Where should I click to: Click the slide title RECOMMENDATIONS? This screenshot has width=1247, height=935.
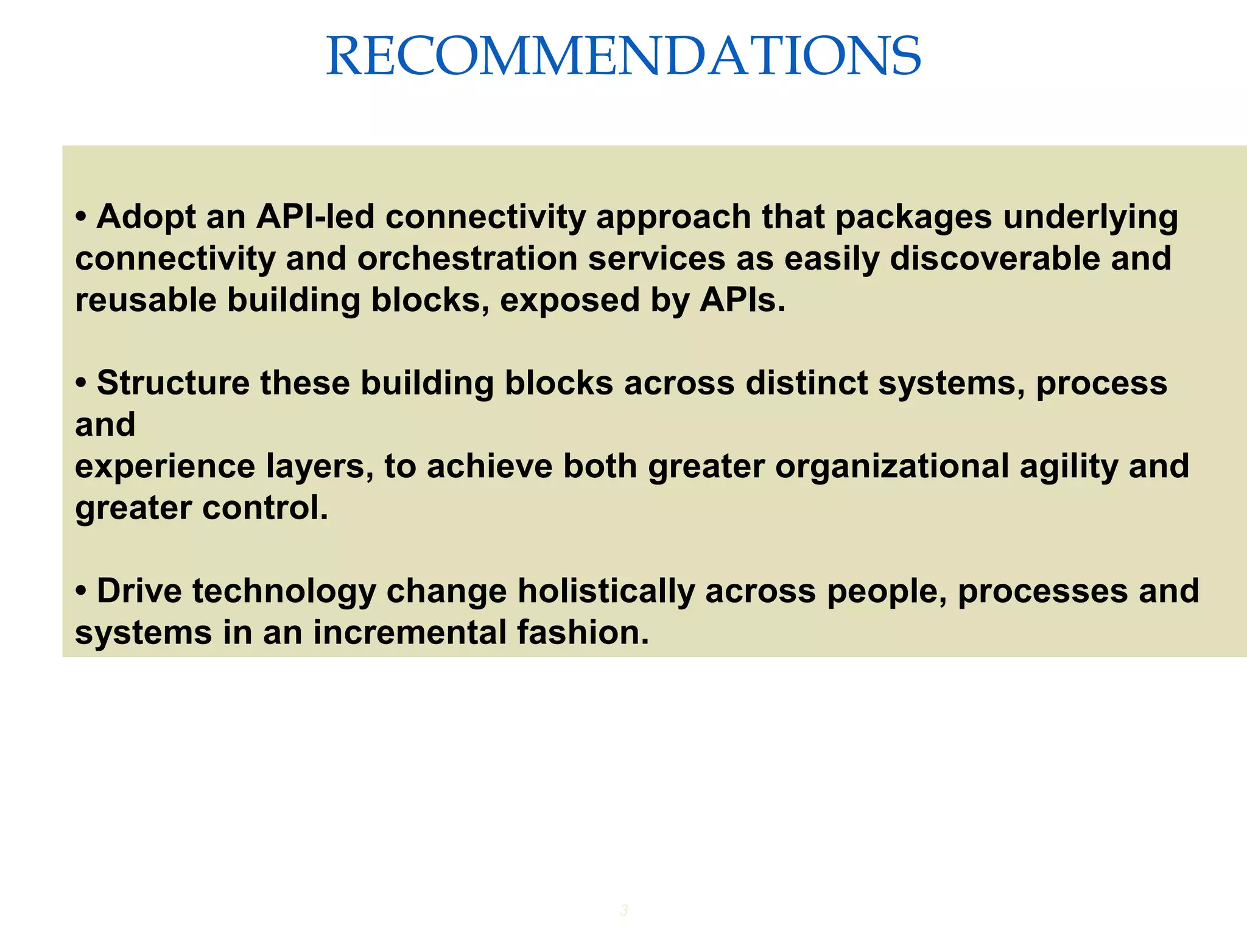[x=623, y=56]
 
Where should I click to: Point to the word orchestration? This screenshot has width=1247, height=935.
[x=467, y=258]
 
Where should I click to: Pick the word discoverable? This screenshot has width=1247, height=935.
[x=994, y=258]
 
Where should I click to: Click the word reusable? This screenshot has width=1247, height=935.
[x=146, y=300]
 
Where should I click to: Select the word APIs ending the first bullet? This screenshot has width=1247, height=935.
[x=742, y=300]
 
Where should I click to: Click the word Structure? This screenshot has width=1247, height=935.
[x=173, y=383]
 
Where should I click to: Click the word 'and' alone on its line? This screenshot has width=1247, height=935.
[x=105, y=424]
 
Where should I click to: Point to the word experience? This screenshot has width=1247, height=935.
[x=165, y=466]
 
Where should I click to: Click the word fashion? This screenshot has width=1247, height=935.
[x=583, y=632]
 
